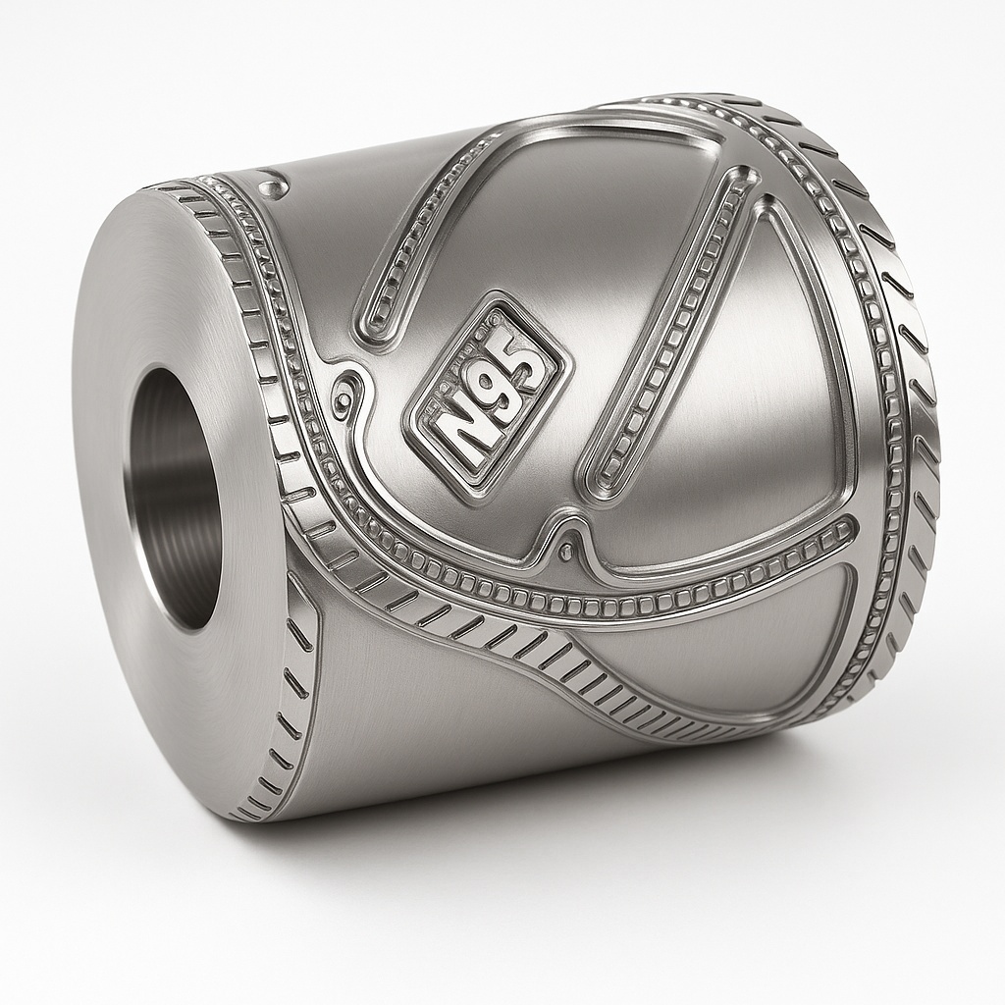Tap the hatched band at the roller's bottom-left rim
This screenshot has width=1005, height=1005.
click(x=285, y=707)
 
